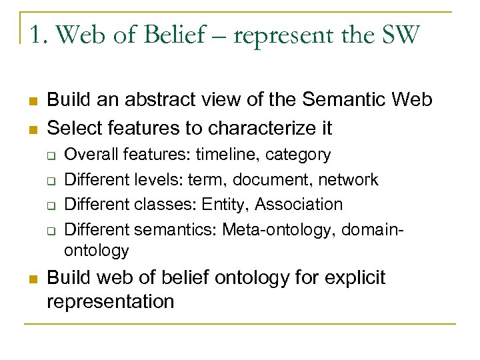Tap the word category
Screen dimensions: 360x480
tap(298, 155)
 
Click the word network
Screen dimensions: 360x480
tap(348, 179)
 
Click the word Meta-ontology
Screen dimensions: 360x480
tap(279, 229)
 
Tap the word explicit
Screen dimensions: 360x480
tap(354, 277)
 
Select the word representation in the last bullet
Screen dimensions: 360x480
tap(110, 301)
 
